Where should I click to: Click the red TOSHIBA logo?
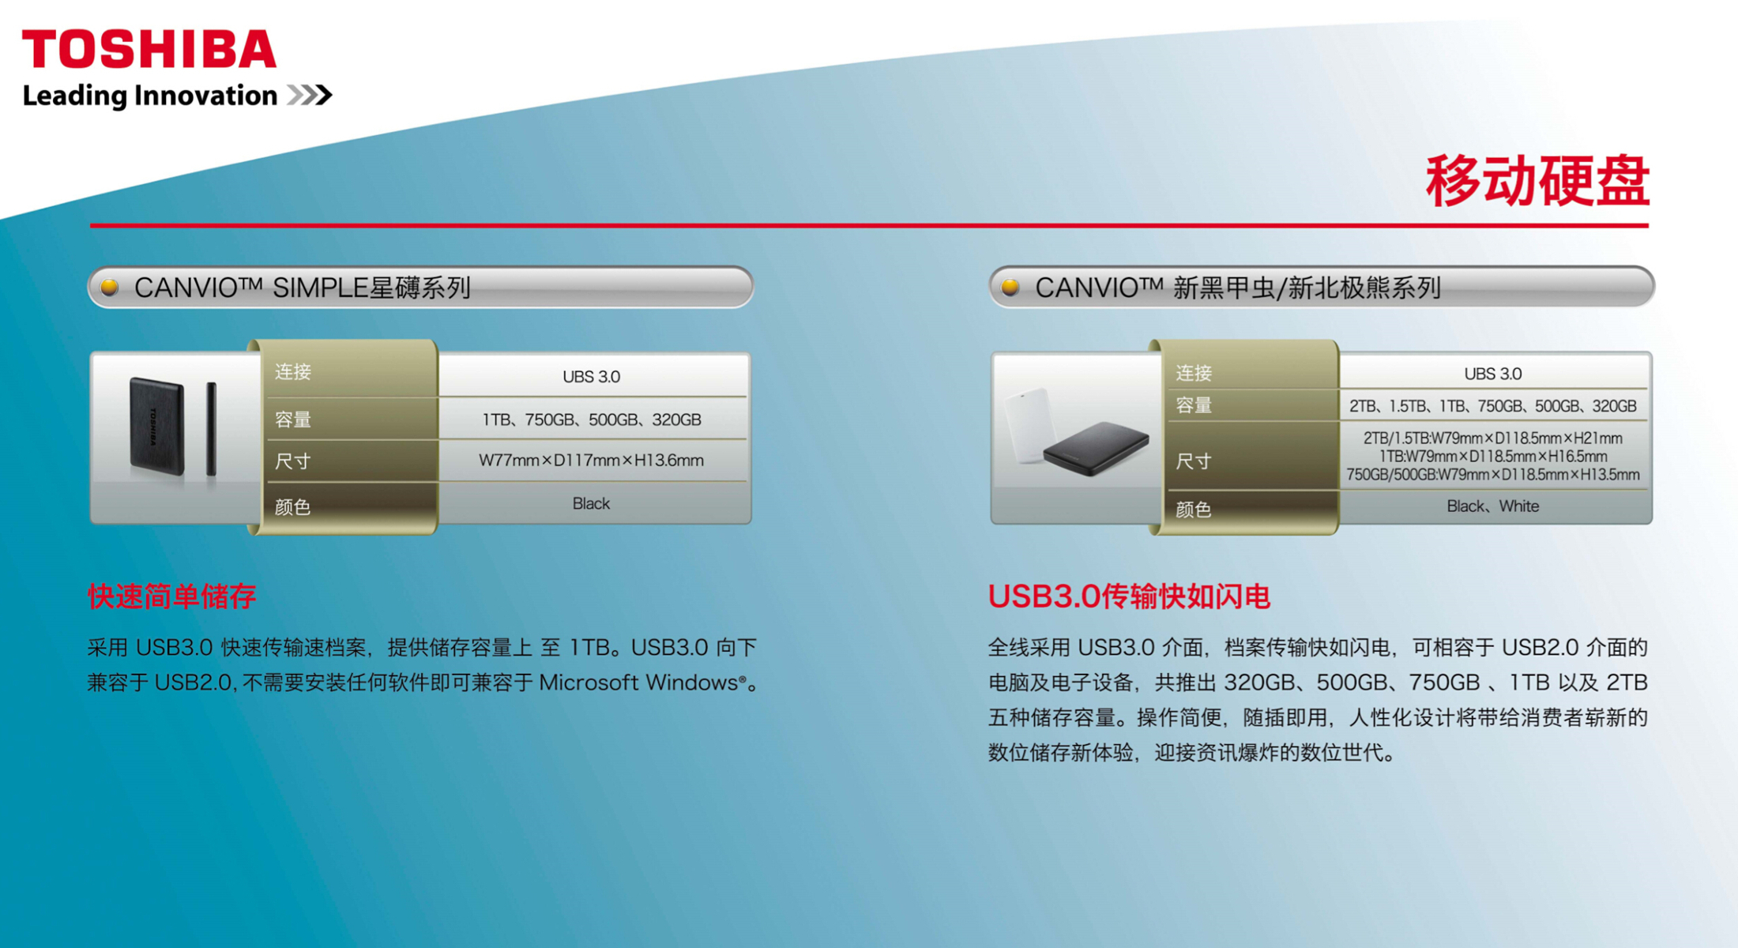coord(149,49)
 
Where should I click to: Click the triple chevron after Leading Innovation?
coord(310,96)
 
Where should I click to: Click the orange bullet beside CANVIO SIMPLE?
coord(110,288)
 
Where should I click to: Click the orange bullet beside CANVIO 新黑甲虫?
coord(1010,288)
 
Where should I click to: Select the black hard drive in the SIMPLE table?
coord(157,427)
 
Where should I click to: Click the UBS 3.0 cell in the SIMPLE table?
coord(592,377)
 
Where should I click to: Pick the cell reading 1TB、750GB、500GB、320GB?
coord(592,419)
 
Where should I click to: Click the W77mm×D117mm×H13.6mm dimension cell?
coord(592,461)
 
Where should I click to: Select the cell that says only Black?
coord(592,503)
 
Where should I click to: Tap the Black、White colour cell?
coord(1493,506)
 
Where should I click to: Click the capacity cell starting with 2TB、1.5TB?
coord(1493,406)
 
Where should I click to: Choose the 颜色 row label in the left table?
coord(293,507)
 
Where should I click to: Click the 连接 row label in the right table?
coord(1194,373)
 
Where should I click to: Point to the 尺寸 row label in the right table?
coord(1194,461)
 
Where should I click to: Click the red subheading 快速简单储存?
coord(172,596)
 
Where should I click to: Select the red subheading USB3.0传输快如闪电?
coord(1130,596)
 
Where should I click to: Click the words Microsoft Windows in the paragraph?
coord(639,683)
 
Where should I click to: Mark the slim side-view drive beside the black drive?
coord(212,429)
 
